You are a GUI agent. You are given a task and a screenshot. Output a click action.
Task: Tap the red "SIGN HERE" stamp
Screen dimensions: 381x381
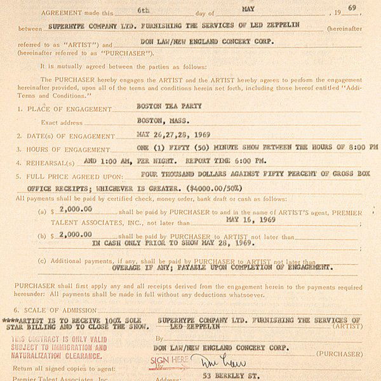pyautogui.click(x=168, y=360)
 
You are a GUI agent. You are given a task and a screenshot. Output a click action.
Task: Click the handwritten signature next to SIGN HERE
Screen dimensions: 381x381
pyautogui.click(x=210, y=363)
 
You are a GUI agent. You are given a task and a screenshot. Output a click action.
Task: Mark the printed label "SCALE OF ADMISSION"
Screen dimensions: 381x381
pyautogui.click(x=63, y=311)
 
